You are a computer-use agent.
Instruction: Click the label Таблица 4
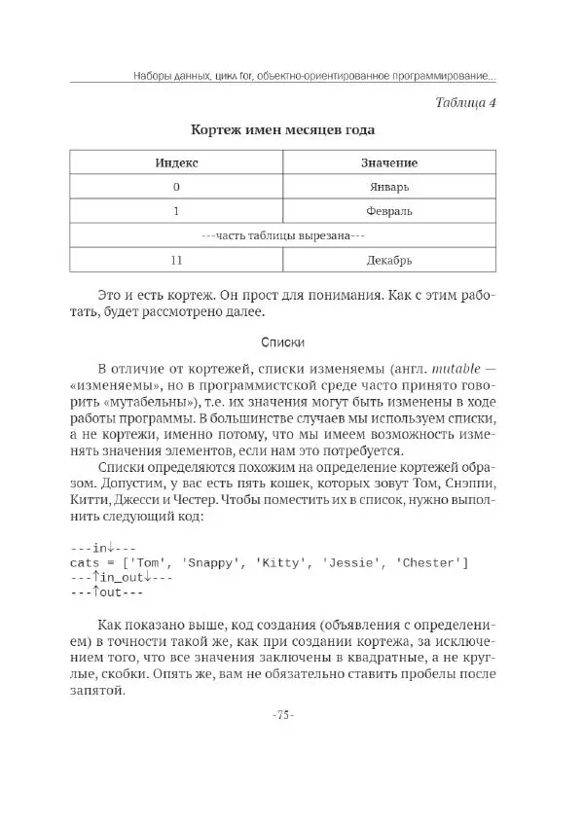pyautogui.click(x=465, y=102)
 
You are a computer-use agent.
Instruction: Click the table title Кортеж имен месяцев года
pyautogui.click(x=282, y=129)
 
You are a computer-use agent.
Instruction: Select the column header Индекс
pyautogui.click(x=176, y=162)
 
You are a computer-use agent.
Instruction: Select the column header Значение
pyautogui.click(x=389, y=162)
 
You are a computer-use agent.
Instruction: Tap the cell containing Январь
pyautogui.click(x=389, y=186)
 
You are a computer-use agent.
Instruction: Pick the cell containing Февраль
pyautogui.click(x=389, y=210)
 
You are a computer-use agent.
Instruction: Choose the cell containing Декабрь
pyautogui.click(x=389, y=260)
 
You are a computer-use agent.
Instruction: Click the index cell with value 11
pyautogui.click(x=176, y=260)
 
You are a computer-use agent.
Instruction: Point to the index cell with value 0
pyautogui.click(x=176, y=186)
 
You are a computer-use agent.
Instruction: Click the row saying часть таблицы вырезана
pyautogui.click(x=282, y=234)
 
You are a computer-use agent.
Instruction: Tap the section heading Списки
pyautogui.click(x=283, y=342)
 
